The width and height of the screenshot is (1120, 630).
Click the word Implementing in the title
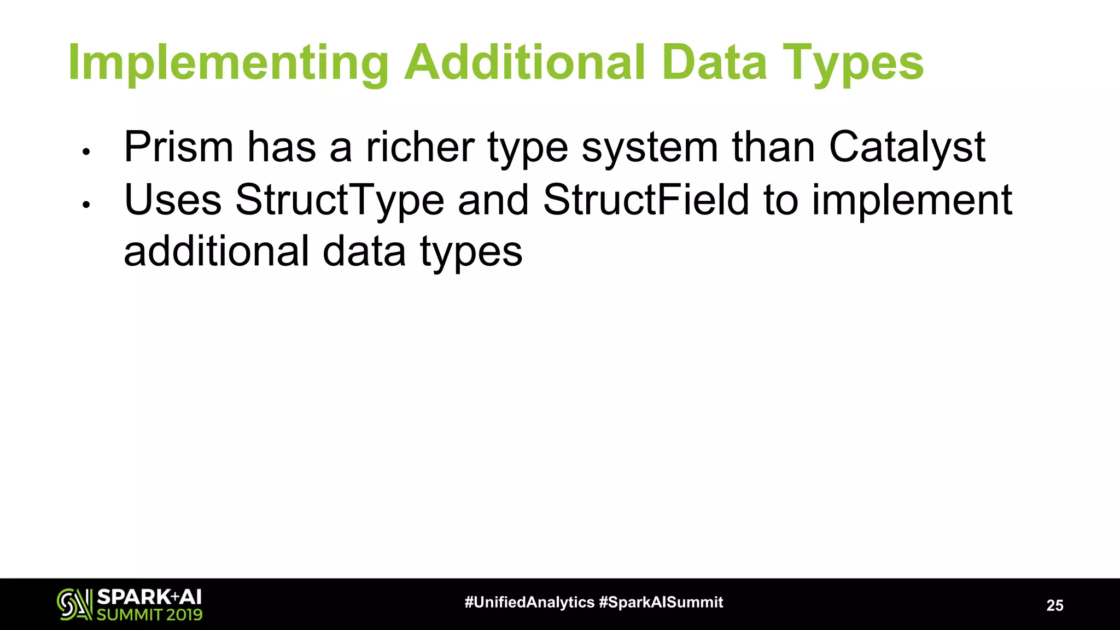pos(228,65)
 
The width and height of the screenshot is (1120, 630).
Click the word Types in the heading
pos(854,65)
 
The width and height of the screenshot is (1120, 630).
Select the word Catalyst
pos(907,148)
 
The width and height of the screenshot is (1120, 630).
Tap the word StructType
pos(340,200)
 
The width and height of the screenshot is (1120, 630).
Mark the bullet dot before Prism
pos(85,152)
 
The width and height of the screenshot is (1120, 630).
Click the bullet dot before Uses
pos(85,205)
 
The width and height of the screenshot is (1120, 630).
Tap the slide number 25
pos(1055,605)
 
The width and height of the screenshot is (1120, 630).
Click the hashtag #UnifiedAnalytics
pos(529,603)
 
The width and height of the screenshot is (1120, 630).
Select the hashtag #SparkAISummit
pos(661,603)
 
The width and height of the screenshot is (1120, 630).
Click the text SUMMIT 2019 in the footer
pos(149,615)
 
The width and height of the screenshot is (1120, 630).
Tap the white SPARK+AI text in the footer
pos(149,597)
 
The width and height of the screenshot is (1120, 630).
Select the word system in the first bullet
pos(650,148)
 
